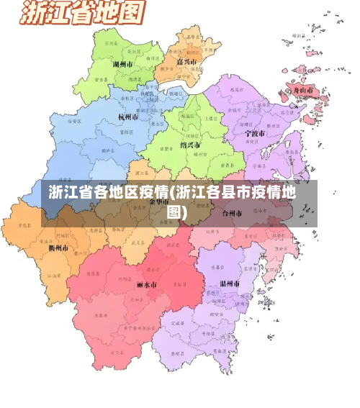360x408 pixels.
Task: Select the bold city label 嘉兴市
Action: (188, 61)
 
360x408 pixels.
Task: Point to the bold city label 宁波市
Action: (254, 133)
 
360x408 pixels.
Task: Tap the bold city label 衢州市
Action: (58, 248)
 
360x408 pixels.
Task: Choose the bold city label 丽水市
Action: (146, 284)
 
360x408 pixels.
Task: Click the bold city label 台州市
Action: (234, 213)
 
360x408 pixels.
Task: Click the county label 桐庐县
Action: (107, 152)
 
